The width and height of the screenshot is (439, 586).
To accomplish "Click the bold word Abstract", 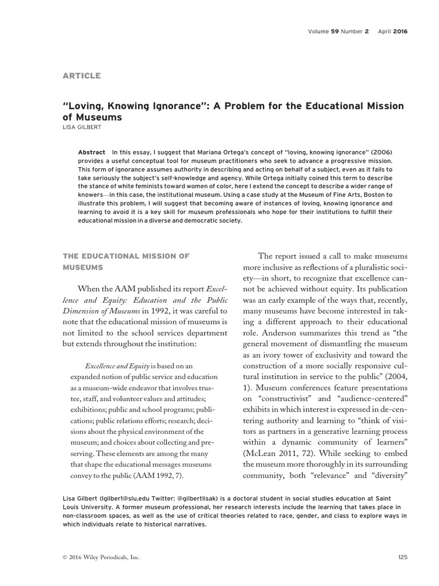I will coord(92,152).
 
